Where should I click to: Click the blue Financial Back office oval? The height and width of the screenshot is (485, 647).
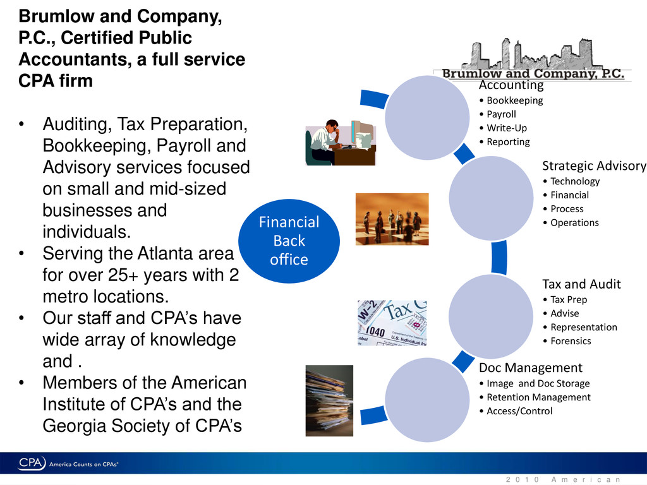tap(289, 241)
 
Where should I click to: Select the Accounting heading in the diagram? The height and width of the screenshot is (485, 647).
tap(511, 85)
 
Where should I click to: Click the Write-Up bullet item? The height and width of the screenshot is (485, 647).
tap(507, 128)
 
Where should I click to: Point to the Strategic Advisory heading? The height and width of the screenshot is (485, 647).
tap(594, 166)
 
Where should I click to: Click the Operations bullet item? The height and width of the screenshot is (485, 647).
tap(574, 223)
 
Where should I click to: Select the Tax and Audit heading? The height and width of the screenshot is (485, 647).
tap(581, 284)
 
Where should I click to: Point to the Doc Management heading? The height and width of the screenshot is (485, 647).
tap(530, 368)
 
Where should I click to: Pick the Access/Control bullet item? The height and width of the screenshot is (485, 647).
tap(519, 411)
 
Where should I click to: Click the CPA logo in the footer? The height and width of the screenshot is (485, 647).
tap(32, 464)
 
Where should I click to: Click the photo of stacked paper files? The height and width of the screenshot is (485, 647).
tap(329, 400)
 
